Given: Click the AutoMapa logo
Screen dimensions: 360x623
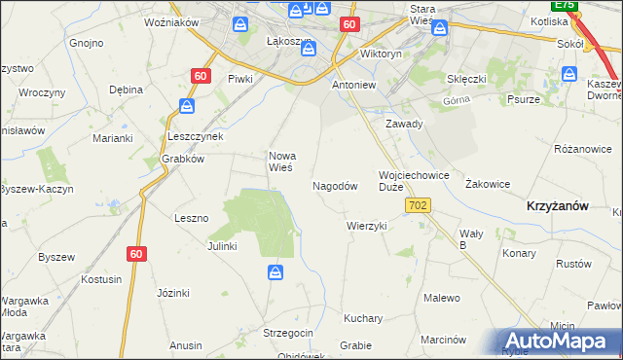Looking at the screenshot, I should (x=558, y=341).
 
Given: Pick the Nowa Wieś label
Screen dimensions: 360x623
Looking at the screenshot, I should (x=282, y=161).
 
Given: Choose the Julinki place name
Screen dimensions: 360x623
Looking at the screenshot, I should (x=222, y=246).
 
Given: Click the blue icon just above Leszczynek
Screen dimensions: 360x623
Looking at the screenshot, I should (x=187, y=105).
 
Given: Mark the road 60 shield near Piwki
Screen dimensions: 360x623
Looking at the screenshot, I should (x=201, y=75).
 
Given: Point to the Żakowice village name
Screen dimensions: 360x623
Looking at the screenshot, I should (x=488, y=183).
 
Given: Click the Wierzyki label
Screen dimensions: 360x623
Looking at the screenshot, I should (x=367, y=226).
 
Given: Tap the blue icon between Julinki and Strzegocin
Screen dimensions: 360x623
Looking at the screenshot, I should (x=276, y=273).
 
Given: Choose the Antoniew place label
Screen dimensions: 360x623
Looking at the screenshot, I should (x=354, y=85).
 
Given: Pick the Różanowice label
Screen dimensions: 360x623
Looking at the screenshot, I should (x=582, y=149).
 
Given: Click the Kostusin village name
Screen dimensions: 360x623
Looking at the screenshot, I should (x=102, y=279).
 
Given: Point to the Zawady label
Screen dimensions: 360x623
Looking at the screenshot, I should (x=403, y=125).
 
